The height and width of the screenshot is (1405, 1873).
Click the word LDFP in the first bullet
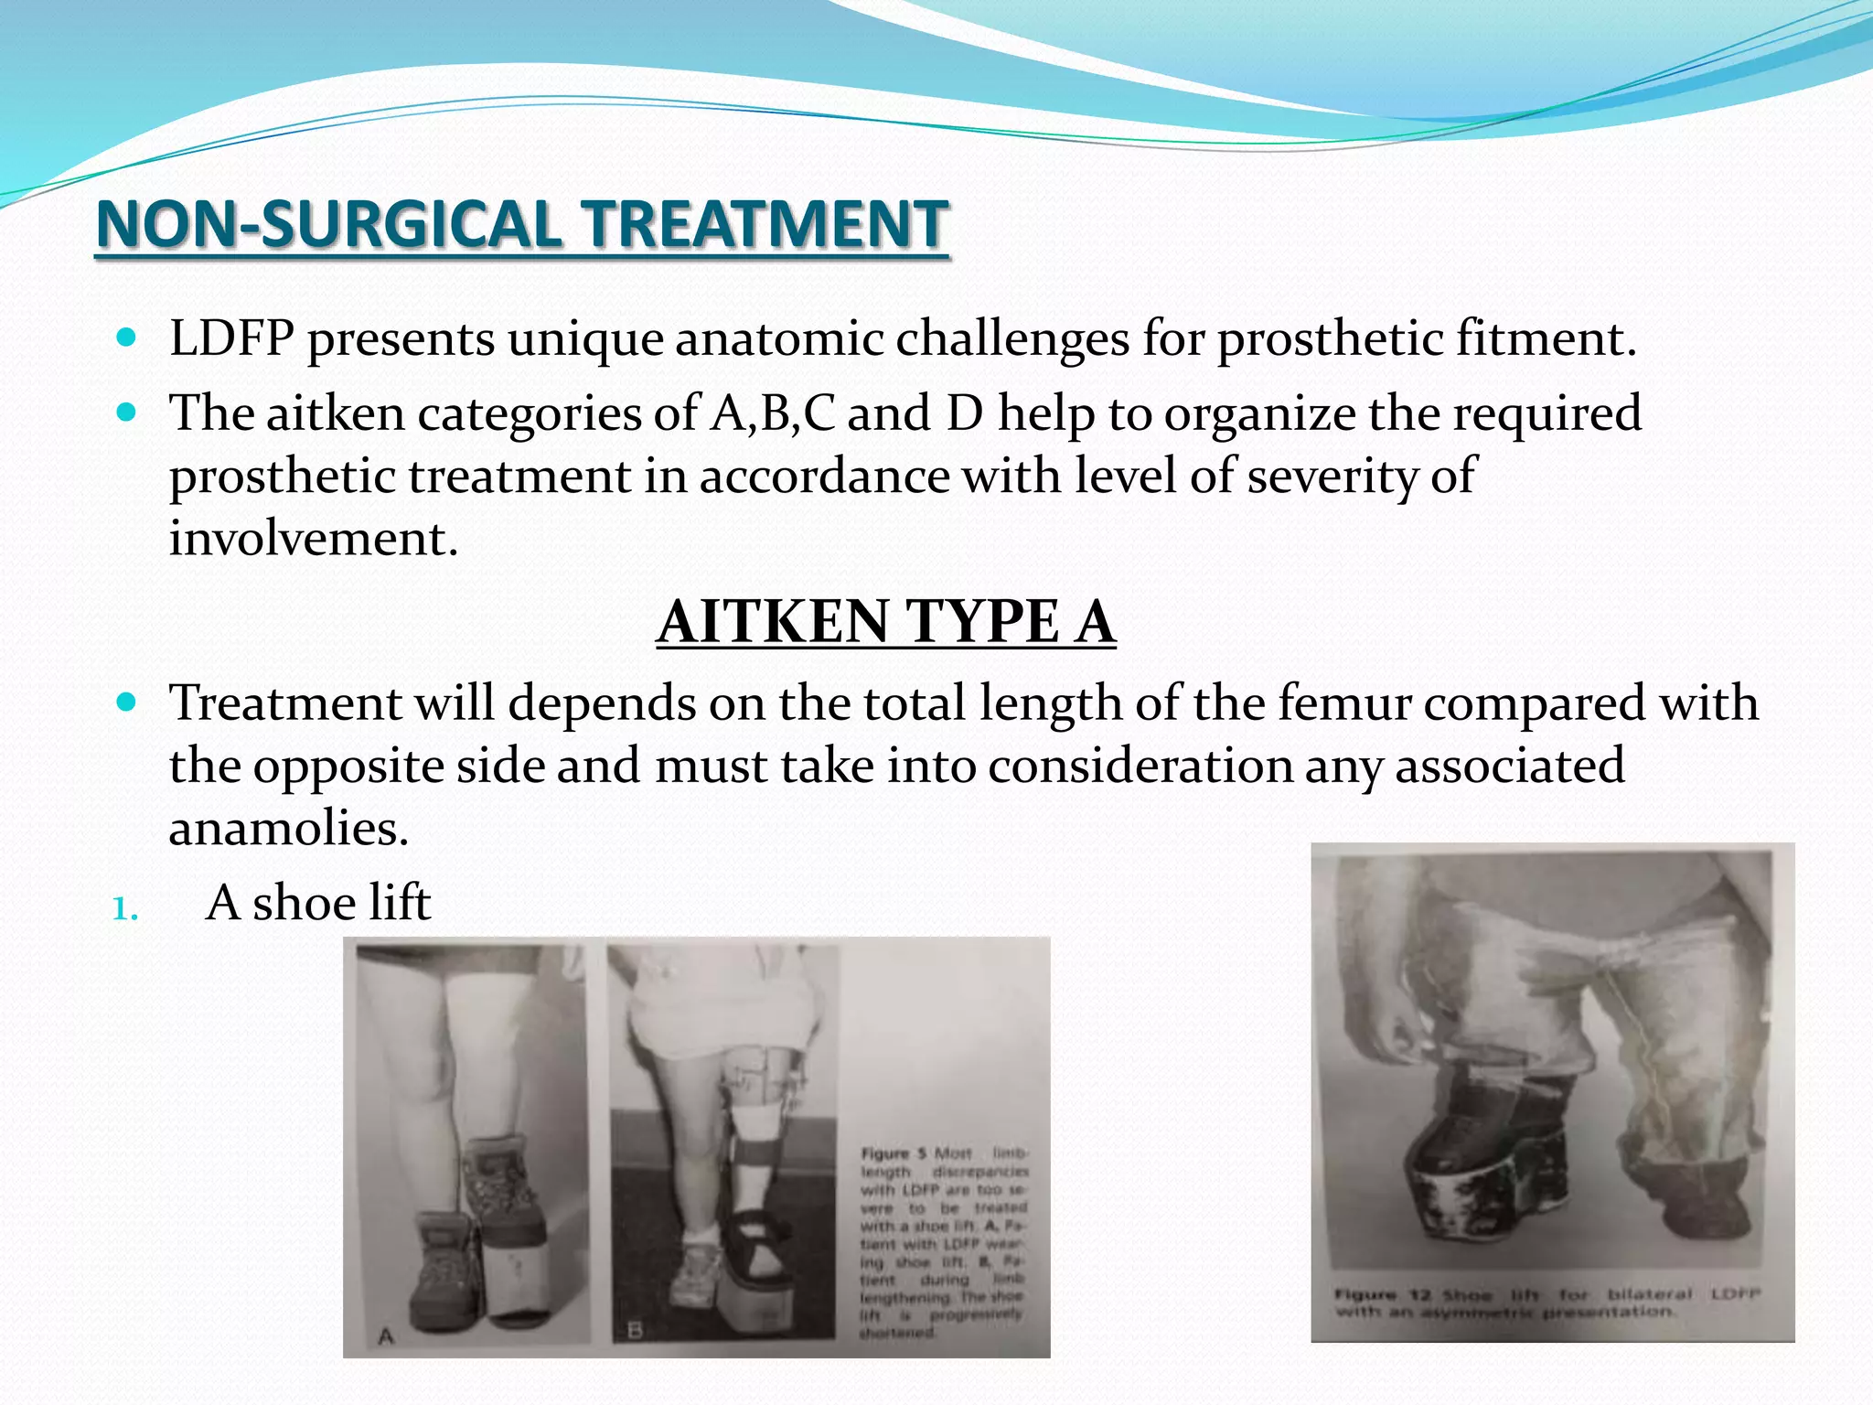[231, 339]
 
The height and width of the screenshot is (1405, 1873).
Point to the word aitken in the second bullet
[335, 413]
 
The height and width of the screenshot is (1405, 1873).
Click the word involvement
[313, 538]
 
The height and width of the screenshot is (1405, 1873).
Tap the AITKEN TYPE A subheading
[885, 622]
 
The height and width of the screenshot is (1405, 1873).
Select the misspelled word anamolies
[288, 829]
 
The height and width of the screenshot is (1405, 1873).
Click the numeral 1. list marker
[125, 909]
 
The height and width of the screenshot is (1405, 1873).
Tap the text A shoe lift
[318, 904]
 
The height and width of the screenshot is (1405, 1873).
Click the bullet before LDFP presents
[127, 338]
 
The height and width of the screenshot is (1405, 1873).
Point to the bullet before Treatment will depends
[127, 702]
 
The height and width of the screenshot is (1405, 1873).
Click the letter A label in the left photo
[386, 1336]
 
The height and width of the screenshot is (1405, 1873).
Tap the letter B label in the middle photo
[635, 1330]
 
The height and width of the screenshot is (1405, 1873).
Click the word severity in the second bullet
[1313, 476]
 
